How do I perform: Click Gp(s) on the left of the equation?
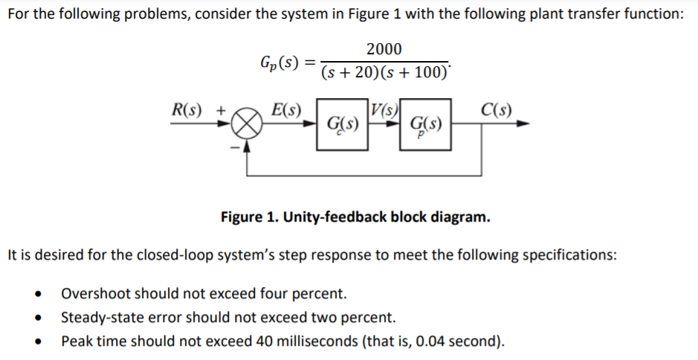click(280, 61)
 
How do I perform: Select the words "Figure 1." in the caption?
click(250, 217)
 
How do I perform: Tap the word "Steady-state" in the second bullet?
click(97, 318)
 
